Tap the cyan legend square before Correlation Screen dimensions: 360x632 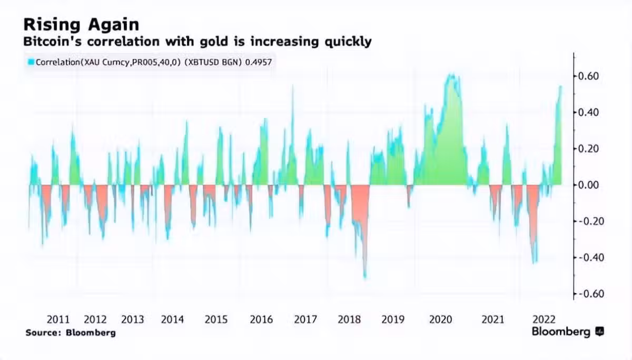(x=31, y=62)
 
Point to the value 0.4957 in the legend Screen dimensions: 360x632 (x=259, y=62)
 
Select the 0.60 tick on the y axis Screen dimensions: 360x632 (x=588, y=76)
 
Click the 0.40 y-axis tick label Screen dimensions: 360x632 (x=588, y=113)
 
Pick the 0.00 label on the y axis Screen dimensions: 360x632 (x=588, y=185)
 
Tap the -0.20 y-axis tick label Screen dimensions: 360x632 (x=587, y=221)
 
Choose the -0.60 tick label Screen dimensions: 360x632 (x=587, y=294)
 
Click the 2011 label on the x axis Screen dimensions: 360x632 (x=58, y=319)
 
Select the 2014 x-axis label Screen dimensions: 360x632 (x=172, y=319)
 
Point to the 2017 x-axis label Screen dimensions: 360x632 (x=305, y=319)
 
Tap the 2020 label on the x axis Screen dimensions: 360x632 (x=440, y=319)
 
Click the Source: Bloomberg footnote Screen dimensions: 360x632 (x=70, y=333)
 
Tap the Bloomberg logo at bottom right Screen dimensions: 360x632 (x=568, y=332)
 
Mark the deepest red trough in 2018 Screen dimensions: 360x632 (x=364, y=276)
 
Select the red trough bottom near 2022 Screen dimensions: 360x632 (x=535, y=262)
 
